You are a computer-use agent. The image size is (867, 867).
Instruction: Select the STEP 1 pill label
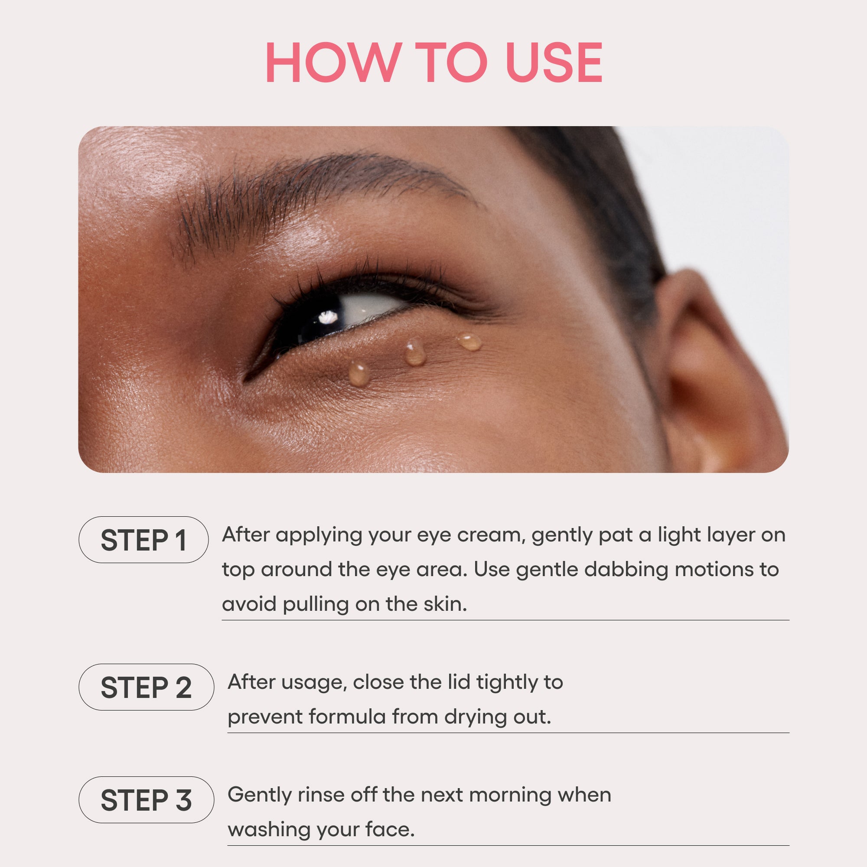coord(143,540)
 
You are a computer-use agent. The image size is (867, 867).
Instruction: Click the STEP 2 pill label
coord(146,687)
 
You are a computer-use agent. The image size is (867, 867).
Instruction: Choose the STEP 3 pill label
coord(146,800)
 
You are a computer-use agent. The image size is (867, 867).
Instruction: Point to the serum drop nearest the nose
coord(359,373)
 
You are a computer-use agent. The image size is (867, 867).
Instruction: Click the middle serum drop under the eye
coord(415,353)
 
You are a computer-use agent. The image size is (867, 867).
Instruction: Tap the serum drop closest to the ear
coord(469,342)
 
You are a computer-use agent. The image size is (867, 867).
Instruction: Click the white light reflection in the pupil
coord(329,317)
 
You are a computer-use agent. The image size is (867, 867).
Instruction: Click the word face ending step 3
coord(390,829)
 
